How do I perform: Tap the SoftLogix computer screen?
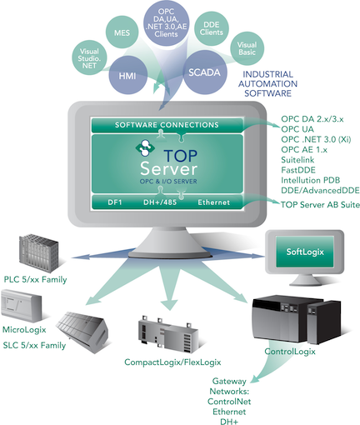pos(302,250)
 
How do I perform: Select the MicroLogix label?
pos(26,317)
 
